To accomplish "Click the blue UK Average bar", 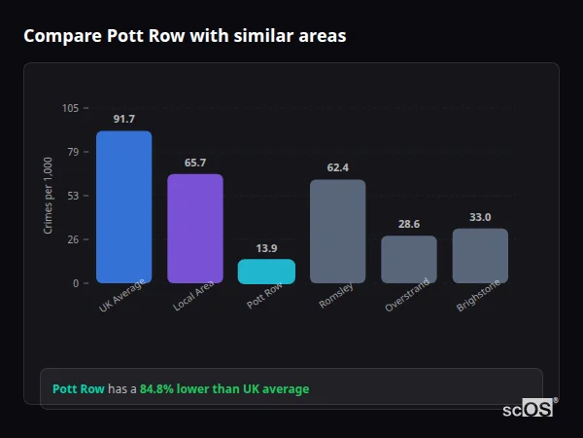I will [x=123, y=206].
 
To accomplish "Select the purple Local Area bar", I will [x=194, y=229].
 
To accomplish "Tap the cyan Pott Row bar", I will [x=266, y=271].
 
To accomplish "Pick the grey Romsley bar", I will [x=337, y=231].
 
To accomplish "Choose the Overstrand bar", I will [x=408, y=259].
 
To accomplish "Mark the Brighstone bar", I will [x=480, y=256].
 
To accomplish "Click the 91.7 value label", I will [x=123, y=119].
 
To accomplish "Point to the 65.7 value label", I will [x=194, y=163].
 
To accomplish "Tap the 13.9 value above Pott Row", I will [x=266, y=248].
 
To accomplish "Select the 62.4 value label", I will [x=337, y=167].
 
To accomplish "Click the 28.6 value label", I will [x=408, y=224].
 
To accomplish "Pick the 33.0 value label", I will [x=480, y=217].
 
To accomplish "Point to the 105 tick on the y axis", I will [x=71, y=108].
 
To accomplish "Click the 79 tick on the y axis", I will [x=73, y=152].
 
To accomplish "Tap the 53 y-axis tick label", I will [x=73, y=196].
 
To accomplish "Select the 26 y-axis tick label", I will [x=73, y=239].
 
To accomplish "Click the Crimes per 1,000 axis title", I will [x=48, y=196].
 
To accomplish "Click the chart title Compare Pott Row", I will [x=185, y=36].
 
